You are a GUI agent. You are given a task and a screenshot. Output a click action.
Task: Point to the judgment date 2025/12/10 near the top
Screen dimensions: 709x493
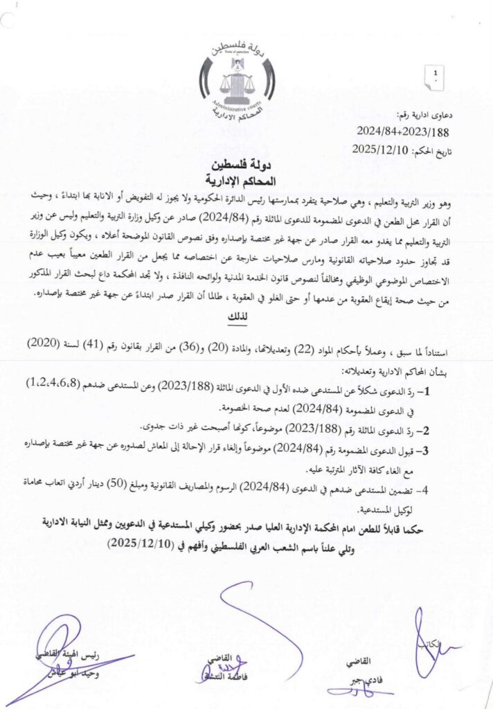[x=381, y=149]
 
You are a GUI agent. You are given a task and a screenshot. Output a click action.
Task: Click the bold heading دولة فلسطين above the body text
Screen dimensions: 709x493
[x=246, y=167]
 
